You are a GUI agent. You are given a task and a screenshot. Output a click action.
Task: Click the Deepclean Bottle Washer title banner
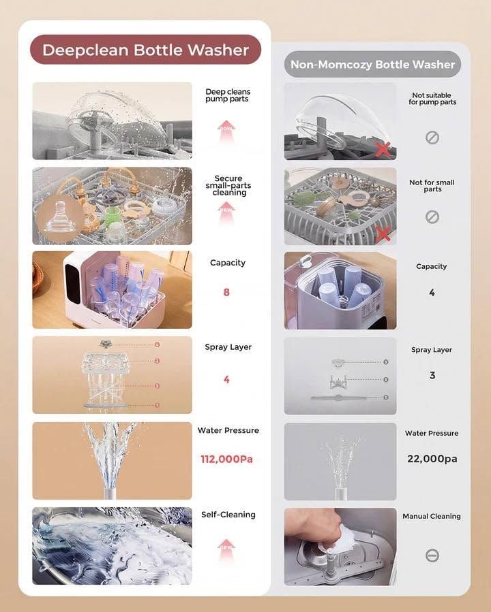point(145,50)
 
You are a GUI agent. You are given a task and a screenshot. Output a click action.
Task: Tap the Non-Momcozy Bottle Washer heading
point(372,65)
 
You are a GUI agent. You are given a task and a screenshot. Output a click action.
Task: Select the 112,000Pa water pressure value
point(226,459)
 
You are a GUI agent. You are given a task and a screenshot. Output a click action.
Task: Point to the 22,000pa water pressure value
point(432,459)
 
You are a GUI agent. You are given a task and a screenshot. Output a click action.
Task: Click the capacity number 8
point(226,292)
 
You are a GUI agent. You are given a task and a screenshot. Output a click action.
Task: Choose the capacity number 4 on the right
point(432,292)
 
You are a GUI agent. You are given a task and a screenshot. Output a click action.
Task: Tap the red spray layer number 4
point(226,379)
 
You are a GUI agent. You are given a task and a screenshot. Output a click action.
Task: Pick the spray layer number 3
point(432,375)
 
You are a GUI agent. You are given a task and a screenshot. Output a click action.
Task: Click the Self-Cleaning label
point(228,515)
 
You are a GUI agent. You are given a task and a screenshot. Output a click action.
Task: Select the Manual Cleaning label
point(432,516)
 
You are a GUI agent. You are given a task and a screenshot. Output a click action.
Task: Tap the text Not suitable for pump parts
point(432,98)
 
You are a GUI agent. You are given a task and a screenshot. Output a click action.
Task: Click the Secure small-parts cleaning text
point(228,185)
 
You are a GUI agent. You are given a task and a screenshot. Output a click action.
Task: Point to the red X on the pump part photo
point(383,150)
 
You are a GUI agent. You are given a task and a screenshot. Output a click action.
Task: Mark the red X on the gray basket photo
point(383,233)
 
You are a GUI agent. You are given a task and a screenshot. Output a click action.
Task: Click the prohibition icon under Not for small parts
point(432,216)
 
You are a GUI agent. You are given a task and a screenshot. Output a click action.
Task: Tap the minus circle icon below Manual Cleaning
point(432,555)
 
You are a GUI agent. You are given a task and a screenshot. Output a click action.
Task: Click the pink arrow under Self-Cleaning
point(226,551)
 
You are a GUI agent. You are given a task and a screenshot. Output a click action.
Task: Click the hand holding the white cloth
point(313,528)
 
